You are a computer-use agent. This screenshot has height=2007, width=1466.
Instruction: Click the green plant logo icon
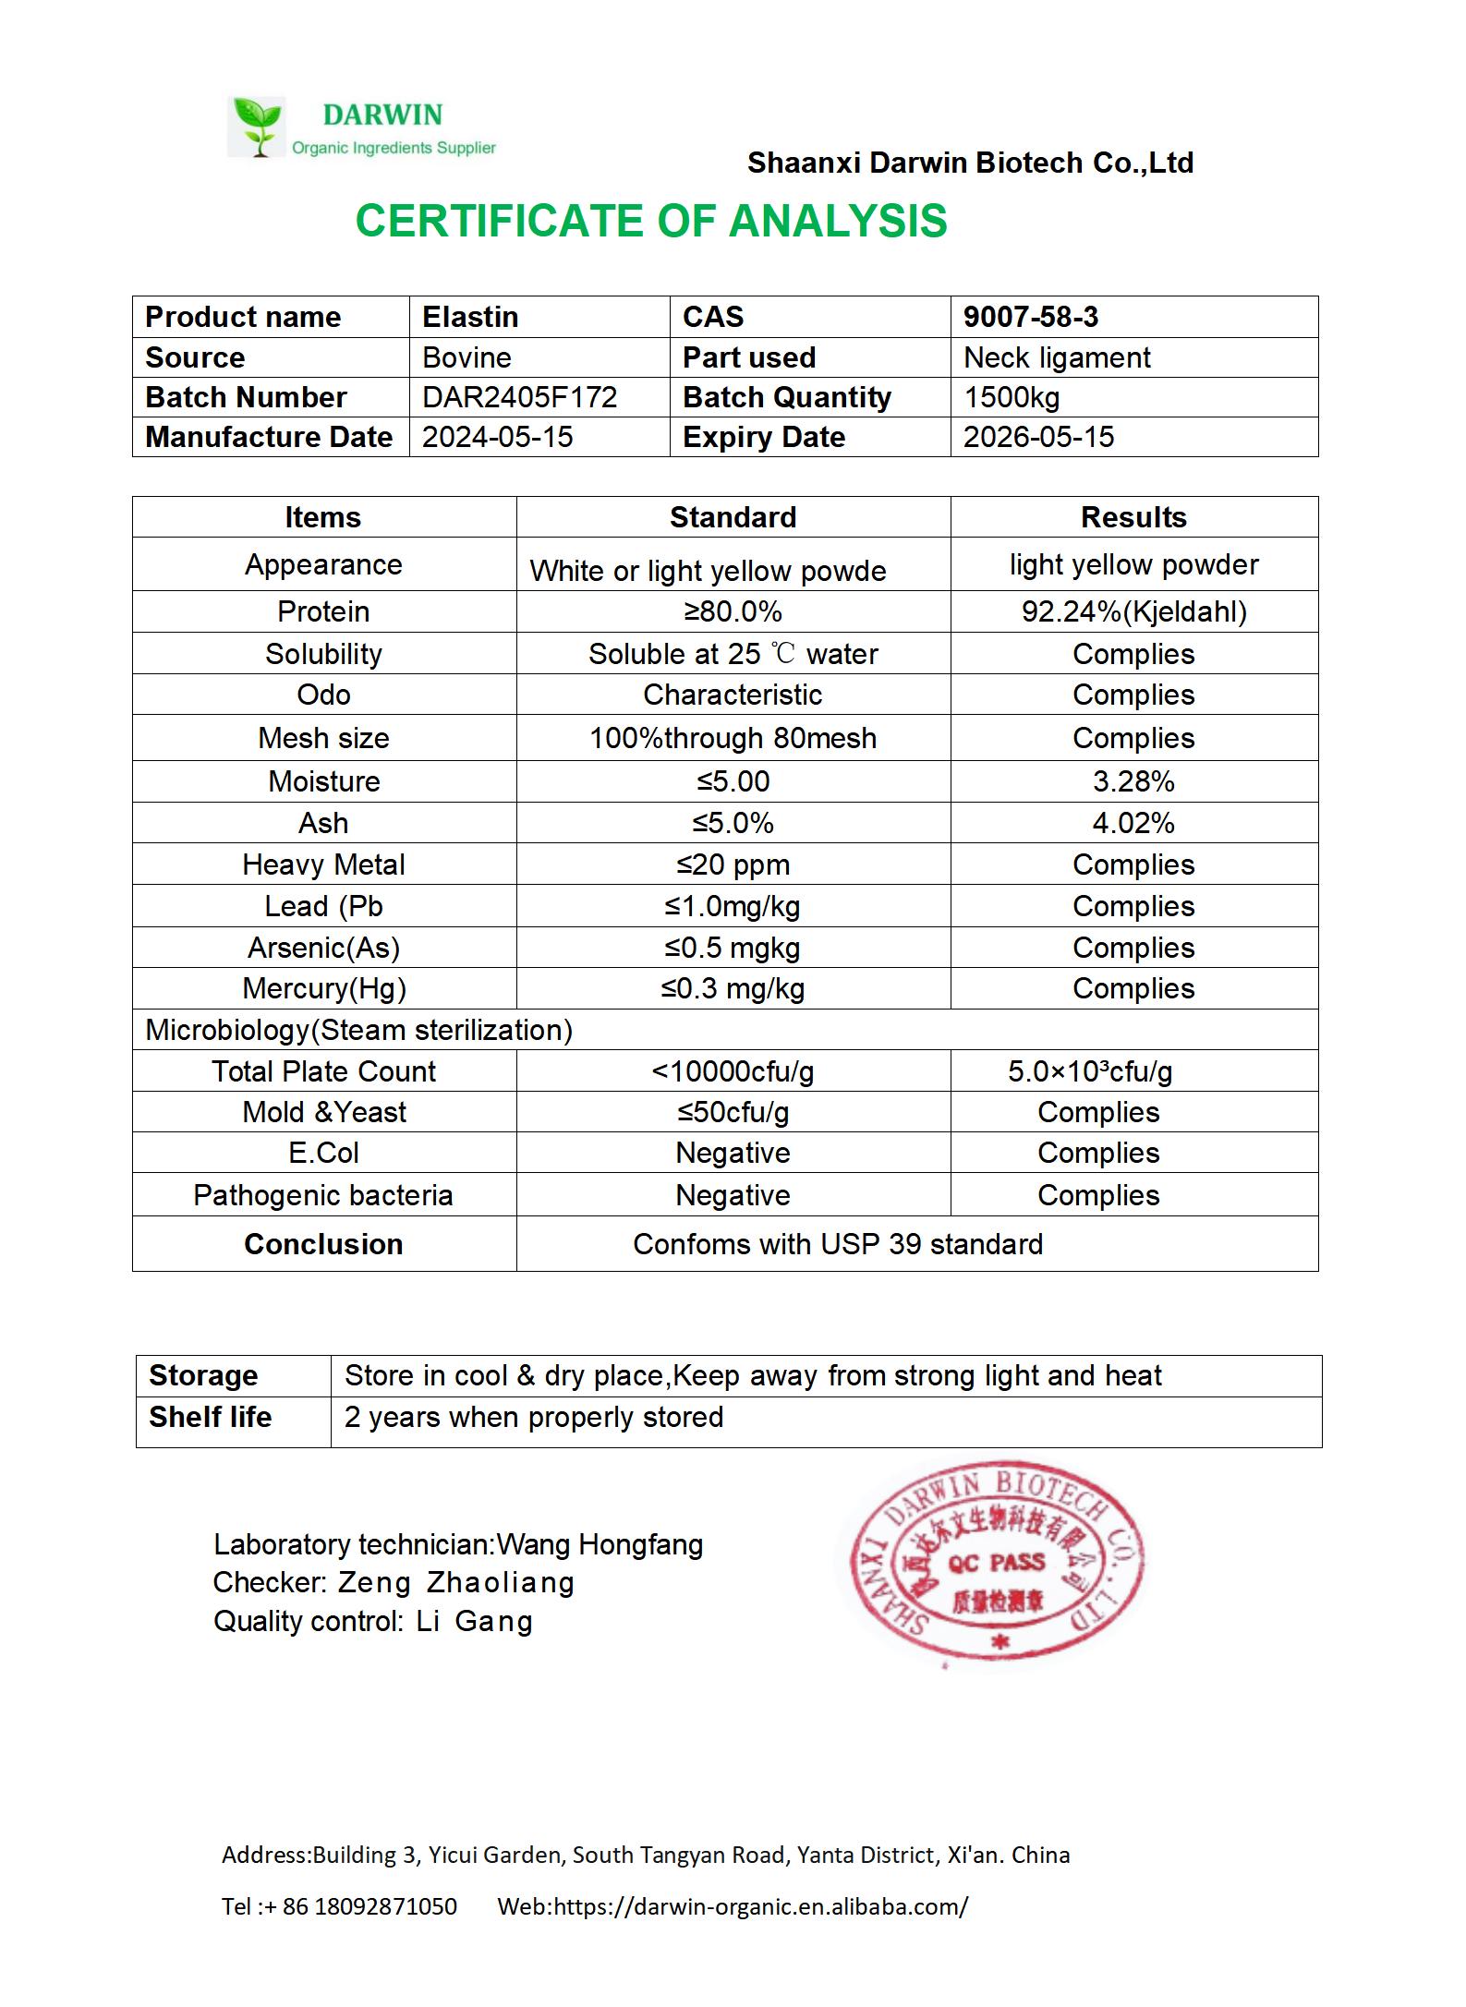coord(257,126)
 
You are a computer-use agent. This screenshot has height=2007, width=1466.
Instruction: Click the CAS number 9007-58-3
coord(1031,317)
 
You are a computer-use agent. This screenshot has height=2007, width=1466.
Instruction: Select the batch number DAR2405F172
coord(519,397)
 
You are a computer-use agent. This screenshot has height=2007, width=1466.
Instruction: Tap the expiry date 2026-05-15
coord(1038,437)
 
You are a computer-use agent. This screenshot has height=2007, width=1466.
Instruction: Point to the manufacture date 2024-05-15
coord(497,437)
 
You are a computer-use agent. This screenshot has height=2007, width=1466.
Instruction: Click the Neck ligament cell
coord(1057,357)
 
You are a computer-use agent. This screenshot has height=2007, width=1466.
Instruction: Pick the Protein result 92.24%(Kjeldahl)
coord(1133,611)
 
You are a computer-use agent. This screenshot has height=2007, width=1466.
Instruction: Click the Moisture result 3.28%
coord(1133,781)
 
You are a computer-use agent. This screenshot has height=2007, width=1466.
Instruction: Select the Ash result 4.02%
coord(1133,823)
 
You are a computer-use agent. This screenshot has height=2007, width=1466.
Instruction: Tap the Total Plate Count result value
coord(1090,1071)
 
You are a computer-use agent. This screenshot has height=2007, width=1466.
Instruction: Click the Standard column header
coord(733,517)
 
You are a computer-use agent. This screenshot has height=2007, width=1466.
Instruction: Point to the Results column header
coord(1133,517)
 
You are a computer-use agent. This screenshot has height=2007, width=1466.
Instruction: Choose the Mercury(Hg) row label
coord(324,988)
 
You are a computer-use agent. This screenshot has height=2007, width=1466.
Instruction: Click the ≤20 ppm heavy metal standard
coord(733,864)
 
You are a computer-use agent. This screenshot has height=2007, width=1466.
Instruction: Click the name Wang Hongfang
coord(600,1544)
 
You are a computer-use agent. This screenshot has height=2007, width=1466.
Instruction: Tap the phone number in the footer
coord(369,1906)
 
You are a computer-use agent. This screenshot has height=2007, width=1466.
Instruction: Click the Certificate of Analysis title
coord(651,222)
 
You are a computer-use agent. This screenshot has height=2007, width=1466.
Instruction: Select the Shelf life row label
coord(211,1417)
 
